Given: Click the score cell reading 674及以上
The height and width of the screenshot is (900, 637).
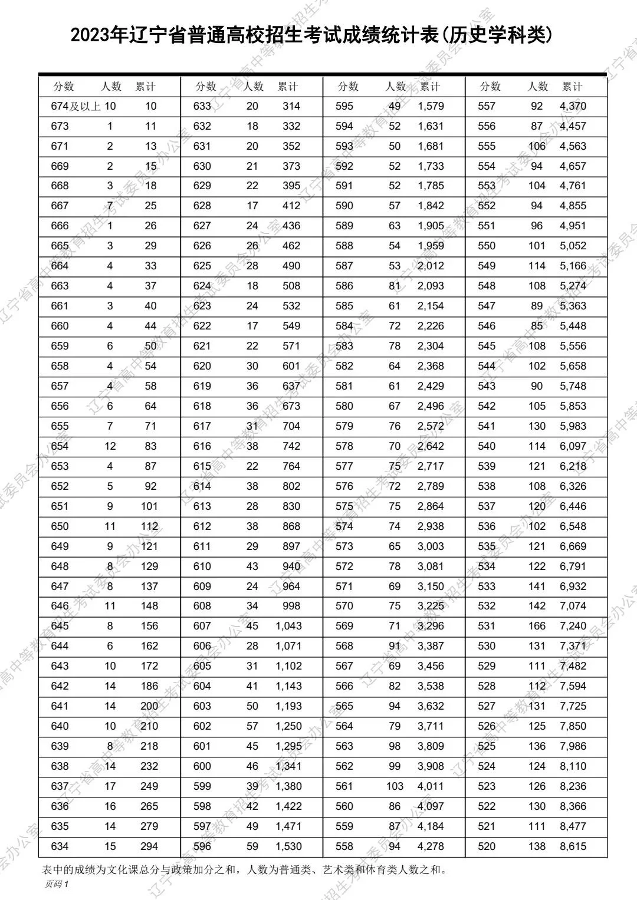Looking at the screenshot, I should pyautogui.click(x=76, y=106).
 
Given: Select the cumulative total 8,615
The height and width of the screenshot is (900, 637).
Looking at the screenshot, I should pyautogui.click(x=573, y=846).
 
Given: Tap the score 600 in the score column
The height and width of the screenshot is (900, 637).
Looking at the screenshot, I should pyautogui.click(x=202, y=766).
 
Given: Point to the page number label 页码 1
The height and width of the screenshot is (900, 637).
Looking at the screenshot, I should pyautogui.click(x=57, y=883).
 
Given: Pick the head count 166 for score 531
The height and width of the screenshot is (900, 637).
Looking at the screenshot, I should pyautogui.click(x=537, y=626).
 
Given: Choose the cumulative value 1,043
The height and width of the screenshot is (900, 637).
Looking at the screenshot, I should pyautogui.click(x=288, y=626).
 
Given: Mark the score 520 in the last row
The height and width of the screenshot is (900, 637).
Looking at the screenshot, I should pyautogui.click(x=487, y=846).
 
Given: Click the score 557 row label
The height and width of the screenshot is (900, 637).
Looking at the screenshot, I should pyautogui.click(x=487, y=106).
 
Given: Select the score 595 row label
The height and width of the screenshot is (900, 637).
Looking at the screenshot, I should pyautogui.click(x=344, y=106).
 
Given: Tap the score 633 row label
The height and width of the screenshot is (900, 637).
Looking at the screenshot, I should pyautogui.click(x=202, y=106).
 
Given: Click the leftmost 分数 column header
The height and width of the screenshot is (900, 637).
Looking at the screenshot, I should pyautogui.click(x=64, y=87).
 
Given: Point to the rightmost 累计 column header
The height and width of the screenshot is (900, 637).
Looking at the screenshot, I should pyautogui.click(x=572, y=87).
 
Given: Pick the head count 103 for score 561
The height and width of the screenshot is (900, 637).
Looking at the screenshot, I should pyautogui.click(x=395, y=786).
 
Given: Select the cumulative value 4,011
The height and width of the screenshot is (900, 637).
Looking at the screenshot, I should pyautogui.click(x=431, y=786).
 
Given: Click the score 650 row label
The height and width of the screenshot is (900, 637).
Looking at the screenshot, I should pyautogui.click(x=60, y=526).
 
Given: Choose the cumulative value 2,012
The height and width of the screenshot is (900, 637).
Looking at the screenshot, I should pyautogui.click(x=431, y=266).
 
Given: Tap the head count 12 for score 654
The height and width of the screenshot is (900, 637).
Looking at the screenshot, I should pyautogui.click(x=110, y=446).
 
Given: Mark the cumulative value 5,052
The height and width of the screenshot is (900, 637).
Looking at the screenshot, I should pyautogui.click(x=573, y=246).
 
